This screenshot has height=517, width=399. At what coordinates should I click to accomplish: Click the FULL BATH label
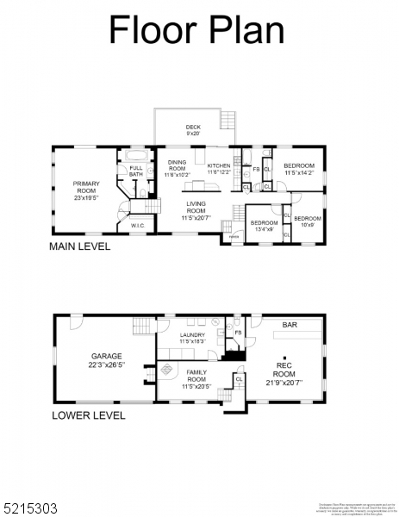(136, 171)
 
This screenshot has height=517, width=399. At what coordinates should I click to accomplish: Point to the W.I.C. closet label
(136, 227)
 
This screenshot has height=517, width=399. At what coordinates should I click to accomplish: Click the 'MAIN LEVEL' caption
(80, 246)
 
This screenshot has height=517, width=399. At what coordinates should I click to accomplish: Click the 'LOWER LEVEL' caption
(89, 415)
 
